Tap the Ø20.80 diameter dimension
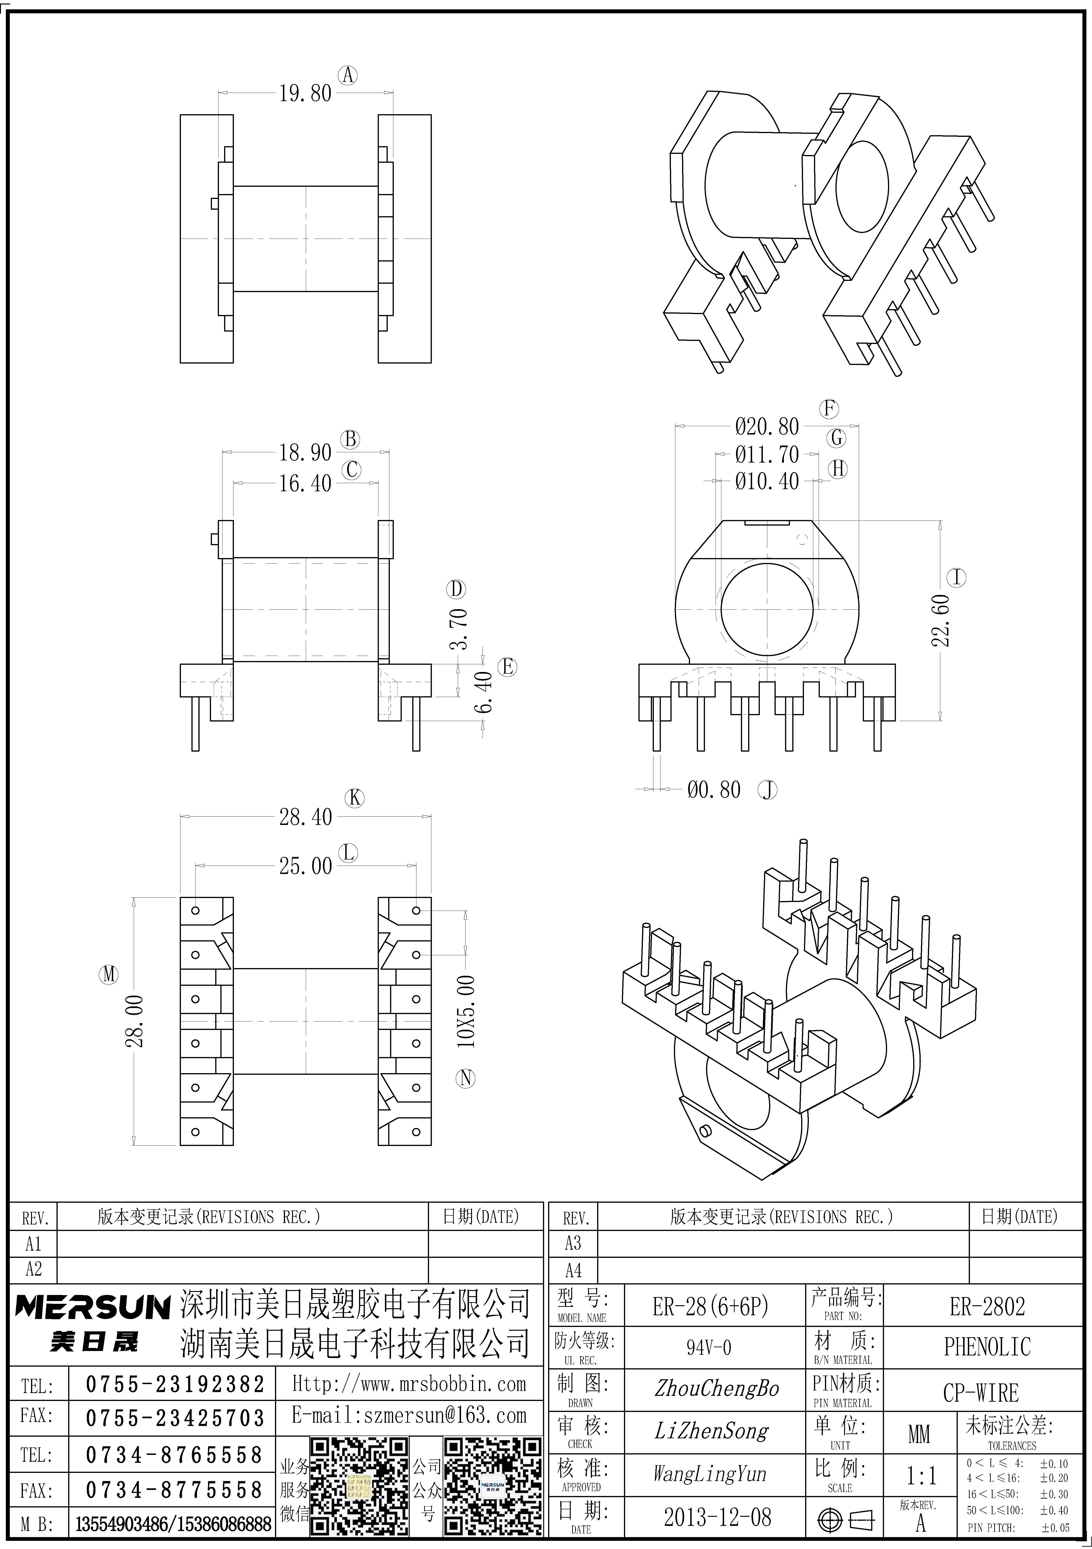767,426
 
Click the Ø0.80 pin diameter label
714,789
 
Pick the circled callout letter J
768,790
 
